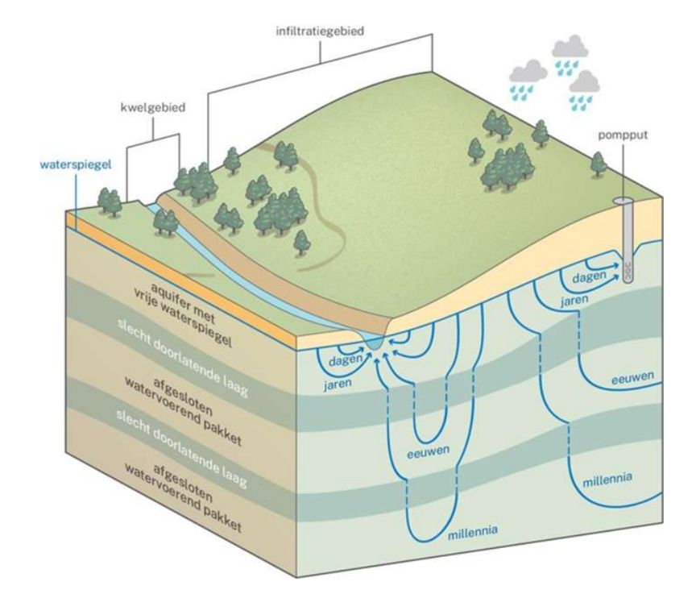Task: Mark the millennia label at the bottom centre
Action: [x=471, y=531]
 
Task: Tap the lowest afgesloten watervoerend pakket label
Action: [x=184, y=495]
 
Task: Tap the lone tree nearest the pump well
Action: [x=598, y=164]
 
